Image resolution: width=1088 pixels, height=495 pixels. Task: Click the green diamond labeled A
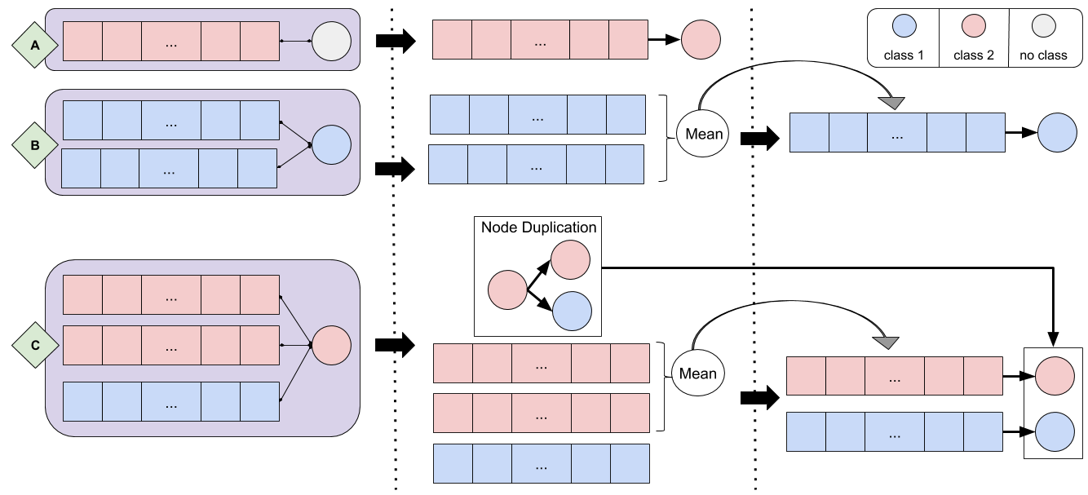[x=35, y=46]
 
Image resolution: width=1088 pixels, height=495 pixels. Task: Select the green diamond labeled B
[x=35, y=145]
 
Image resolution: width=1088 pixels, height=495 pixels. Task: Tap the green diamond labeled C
[x=35, y=345]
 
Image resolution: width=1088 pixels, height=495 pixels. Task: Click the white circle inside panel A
[x=331, y=41]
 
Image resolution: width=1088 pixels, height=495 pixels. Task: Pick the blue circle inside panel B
[x=331, y=145]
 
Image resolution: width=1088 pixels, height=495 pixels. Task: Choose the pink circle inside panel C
[x=331, y=345]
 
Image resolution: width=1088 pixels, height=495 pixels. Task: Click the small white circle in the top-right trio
[x=1043, y=26]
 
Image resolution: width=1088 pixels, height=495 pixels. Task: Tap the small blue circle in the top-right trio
[x=904, y=26]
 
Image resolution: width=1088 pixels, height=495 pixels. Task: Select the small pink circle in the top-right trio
[x=973, y=26]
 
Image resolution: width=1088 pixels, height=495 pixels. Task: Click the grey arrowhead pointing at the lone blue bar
[x=892, y=104]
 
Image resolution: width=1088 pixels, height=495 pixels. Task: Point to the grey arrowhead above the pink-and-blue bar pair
[x=886, y=343]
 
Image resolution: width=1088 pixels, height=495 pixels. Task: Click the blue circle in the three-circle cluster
[x=572, y=311]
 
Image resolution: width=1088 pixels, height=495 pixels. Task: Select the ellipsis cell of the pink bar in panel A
[x=171, y=42]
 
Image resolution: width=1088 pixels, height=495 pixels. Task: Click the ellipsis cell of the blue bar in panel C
[x=171, y=402]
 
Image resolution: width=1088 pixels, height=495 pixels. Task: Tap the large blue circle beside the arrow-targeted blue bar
[x=1057, y=133]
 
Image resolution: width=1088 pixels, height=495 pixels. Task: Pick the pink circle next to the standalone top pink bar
[x=701, y=40]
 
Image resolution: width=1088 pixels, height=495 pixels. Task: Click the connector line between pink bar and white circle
[x=295, y=41]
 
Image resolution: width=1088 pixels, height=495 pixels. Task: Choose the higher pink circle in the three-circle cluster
[x=570, y=260]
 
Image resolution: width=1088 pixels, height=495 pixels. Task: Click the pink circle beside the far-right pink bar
[x=1055, y=376]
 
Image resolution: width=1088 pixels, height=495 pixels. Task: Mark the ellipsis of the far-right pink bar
[x=894, y=377]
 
